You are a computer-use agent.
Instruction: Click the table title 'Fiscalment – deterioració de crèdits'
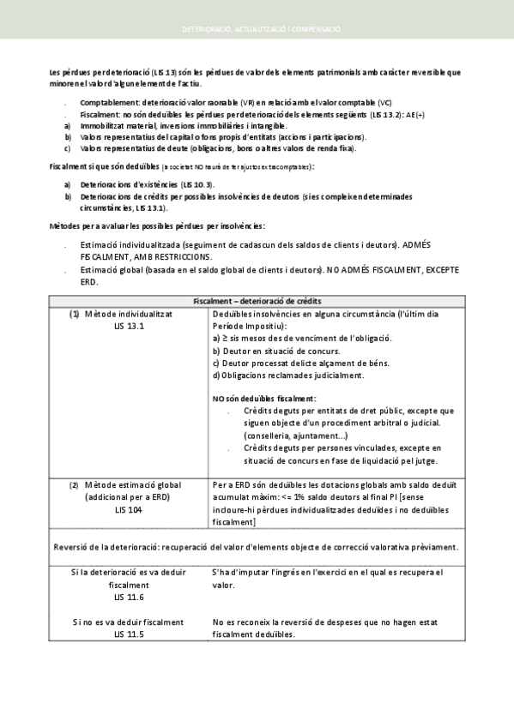click(x=257, y=301)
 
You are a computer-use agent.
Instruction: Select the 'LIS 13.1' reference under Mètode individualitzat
click(x=129, y=326)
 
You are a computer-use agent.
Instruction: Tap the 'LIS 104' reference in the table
click(x=129, y=509)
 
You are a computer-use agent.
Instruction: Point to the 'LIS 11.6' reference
click(x=129, y=596)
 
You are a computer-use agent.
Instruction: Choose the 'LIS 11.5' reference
click(x=129, y=635)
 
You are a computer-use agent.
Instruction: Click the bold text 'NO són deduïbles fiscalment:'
click(x=263, y=399)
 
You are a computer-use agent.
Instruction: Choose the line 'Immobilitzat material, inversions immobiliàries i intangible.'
click(x=172, y=125)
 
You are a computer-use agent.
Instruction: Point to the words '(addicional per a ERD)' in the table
click(x=129, y=497)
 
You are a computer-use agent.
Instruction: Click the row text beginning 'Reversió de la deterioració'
click(x=256, y=546)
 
